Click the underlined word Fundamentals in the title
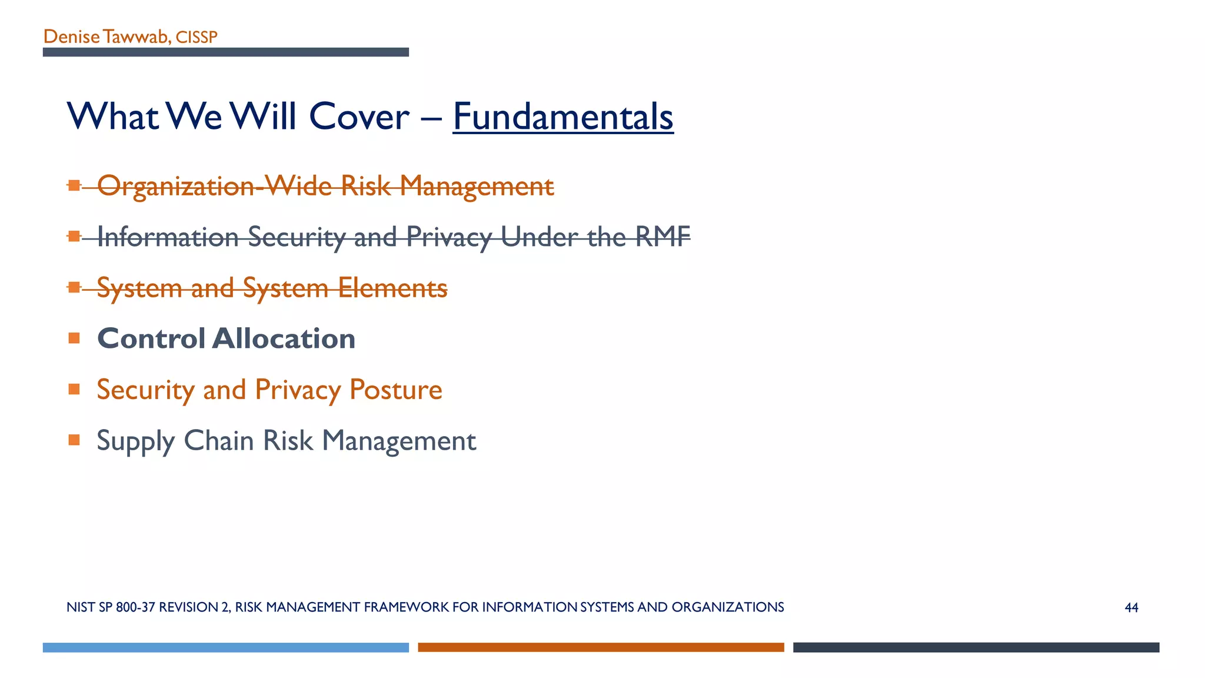562,117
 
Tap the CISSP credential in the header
197,37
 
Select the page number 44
1131,607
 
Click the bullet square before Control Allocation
74,338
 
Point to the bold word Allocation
284,338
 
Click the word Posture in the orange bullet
395,390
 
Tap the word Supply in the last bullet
135,441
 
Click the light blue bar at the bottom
225,647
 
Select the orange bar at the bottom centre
601,647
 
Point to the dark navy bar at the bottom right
976,647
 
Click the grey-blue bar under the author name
225,52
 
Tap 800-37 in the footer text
135,607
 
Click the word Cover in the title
359,117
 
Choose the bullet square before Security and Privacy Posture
74,389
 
